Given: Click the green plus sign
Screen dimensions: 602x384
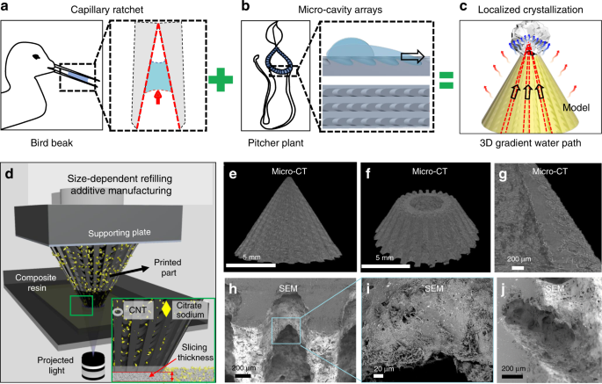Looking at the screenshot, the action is (221, 79).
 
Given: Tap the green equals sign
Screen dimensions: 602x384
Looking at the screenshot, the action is (446, 80).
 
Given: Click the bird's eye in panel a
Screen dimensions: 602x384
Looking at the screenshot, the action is (37, 57).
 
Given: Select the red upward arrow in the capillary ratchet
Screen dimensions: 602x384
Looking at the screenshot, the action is (157, 98).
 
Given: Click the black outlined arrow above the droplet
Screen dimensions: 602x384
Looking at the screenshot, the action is (412, 56).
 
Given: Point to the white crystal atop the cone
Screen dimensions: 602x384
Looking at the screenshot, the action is (529, 33).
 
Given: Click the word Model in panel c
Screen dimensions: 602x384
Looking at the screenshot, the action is (576, 107).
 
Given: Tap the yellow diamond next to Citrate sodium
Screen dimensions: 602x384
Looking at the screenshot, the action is (166, 310).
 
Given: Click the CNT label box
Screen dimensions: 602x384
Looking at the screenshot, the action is (138, 310).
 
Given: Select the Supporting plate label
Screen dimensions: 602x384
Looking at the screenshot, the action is (120, 233).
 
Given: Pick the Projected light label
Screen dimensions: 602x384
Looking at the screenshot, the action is (55, 366).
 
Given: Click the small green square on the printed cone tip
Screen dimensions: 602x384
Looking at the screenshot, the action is (82, 306).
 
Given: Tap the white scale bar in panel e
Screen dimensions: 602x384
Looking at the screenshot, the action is (251, 265).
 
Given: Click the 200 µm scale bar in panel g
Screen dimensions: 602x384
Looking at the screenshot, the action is (518, 267).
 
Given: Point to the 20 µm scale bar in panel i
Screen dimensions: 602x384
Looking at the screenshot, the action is (378, 375).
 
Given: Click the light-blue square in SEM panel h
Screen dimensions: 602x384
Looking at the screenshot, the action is (286, 330).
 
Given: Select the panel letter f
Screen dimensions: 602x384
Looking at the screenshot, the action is (368, 174).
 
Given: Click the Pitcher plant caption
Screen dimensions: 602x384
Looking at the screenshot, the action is (276, 143).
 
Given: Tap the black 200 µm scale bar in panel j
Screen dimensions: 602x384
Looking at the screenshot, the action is (512, 377).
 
